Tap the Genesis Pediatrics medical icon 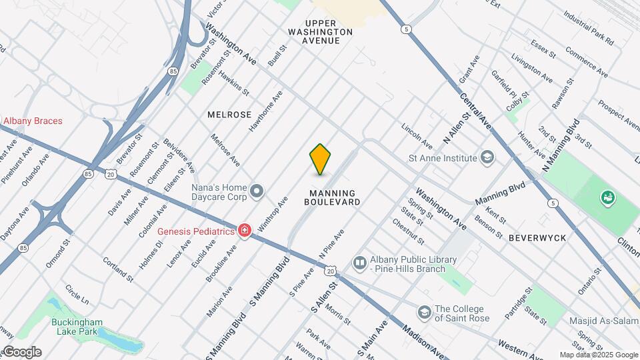pyautogui.click(x=245, y=231)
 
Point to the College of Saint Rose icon pyautogui.click(x=424, y=313)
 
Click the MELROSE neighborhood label pyautogui.click(x=229, y=115)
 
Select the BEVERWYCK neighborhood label pyautogui.click(x=537, y=237)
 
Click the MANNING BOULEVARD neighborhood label pyautogui.click(x=335, y=201)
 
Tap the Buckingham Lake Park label pyautogui.click(x=76, y=325)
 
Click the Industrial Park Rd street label pyautogui.click(x=588, y=27)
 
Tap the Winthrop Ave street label pyautogui.click(x=273, y=213)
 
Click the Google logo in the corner pyautogui.click(x=22, y=352)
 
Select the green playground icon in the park pyautogui.click(x=607, y=197)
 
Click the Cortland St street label pyautogui.click(x=117, y=267)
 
